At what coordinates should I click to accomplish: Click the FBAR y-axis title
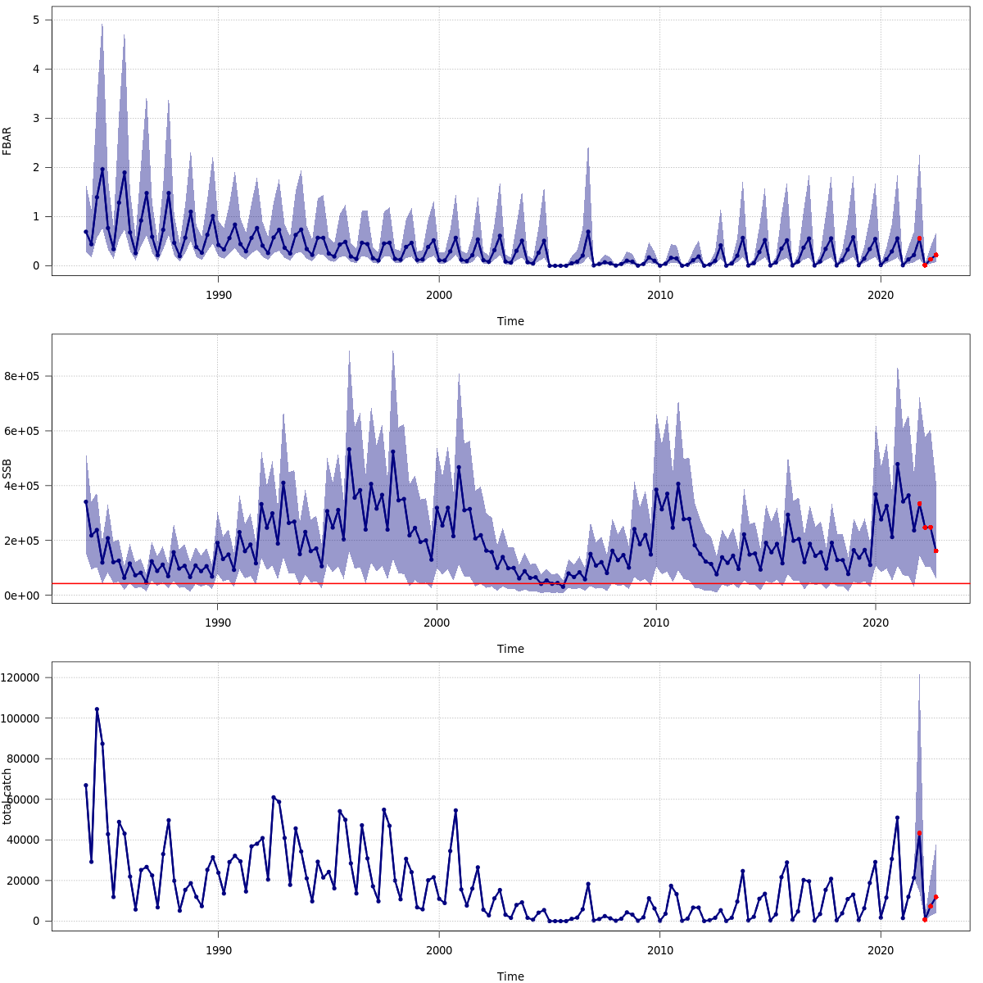click(x=7, y=141)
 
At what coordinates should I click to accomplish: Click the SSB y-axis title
click(x=7, y=469)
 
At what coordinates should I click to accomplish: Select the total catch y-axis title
click(x=7, y=796)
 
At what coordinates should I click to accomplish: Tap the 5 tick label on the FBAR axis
click(x=36, y=20)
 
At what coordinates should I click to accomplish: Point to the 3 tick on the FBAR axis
click(x=36, y=118)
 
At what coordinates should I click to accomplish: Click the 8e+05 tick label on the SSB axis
click(x=24, y=377)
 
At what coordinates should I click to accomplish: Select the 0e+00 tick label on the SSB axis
click(x=24, y=596)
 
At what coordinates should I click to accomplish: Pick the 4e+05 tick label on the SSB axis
click(x=24, y=486)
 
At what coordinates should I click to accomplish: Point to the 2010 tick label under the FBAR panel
click(x=659, y=295)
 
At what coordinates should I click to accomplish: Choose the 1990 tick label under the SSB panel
click(x=217, y=623)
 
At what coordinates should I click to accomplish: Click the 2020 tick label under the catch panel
click(x=881, y=950)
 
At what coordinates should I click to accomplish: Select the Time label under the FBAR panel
click(x=510, y=321)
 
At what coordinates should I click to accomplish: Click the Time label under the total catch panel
click(x=510, y=976)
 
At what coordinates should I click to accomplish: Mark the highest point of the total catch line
click(x=97, y=709)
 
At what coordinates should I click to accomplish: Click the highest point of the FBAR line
click(x=102, y=170)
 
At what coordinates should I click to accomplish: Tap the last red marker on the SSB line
click(x=935, y=550)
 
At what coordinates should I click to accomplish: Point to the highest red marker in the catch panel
click(x=919, y=833)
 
